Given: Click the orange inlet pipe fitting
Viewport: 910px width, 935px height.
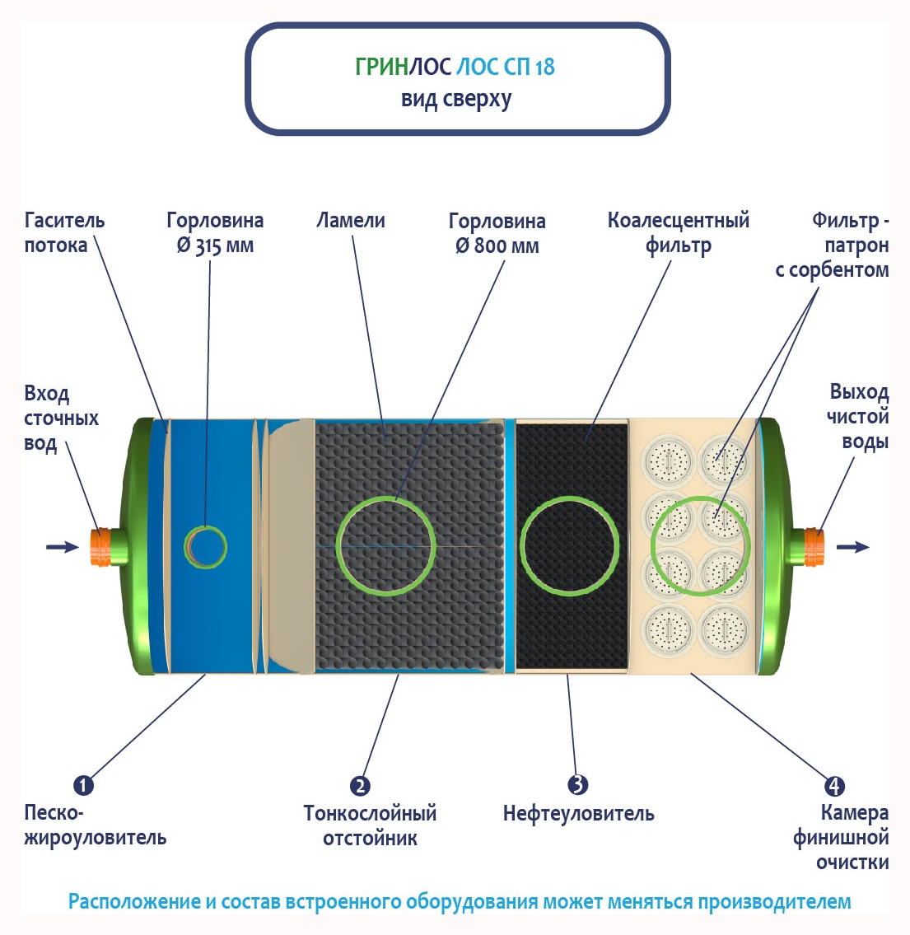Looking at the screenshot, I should [x=100, y=546].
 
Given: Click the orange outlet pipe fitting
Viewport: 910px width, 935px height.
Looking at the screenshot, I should [x=813, y=546].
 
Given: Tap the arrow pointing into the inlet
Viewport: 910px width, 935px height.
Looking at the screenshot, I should [x=61, y=546].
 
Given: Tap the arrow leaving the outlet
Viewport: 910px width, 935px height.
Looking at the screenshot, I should [x=852, y=546].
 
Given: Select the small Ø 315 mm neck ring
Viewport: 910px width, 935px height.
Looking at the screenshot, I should [x=205, y=546].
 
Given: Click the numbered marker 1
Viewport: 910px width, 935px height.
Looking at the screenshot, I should [x=83, y=785].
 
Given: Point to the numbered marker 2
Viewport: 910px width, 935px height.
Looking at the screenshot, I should [x=360, y=786].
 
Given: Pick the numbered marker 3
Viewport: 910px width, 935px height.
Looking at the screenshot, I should [x=578, y=784].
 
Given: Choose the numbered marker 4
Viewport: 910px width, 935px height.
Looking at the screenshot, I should [x=834, y=786].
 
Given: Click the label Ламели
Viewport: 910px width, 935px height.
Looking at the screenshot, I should [x=351, y=221].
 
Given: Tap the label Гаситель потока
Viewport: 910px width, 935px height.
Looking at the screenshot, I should [x=64, y=233].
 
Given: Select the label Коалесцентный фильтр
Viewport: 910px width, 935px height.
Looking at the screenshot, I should [x=678, y=233].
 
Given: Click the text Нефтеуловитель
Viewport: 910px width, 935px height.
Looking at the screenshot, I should [x=578, y=814].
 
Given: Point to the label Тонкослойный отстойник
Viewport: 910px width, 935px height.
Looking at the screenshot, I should [x=370, y=825].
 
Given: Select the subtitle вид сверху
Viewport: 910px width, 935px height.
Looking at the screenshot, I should [x=456, y=99].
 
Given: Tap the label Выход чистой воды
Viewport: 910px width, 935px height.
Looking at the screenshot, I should [x=858, y=416].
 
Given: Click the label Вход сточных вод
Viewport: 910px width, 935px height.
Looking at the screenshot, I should [x=60, y=418].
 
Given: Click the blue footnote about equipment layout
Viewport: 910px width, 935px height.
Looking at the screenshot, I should [x=459, y=901].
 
